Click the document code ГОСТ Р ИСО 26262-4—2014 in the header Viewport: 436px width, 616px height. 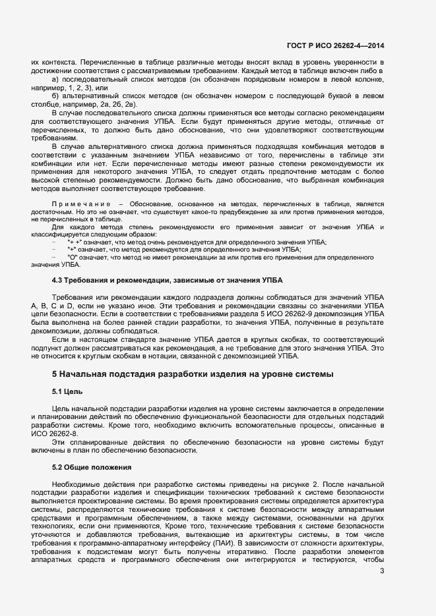[336, 45]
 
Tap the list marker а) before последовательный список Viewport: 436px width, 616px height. [56, 79]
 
